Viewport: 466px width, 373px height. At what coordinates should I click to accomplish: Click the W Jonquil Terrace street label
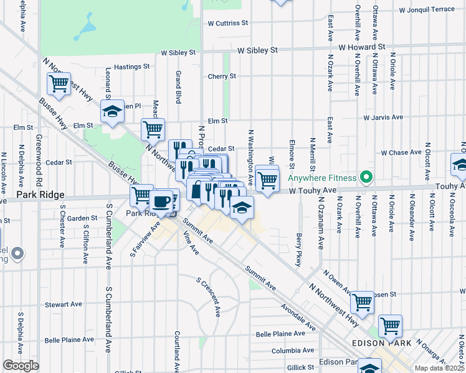427,10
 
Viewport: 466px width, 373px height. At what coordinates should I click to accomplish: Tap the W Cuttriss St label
228,23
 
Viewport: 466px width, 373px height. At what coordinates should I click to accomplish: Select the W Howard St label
363,47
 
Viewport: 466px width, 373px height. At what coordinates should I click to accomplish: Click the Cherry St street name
222,76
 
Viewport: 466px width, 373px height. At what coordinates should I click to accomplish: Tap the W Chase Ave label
402,152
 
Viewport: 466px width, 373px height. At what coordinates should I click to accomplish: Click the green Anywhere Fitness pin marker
366,178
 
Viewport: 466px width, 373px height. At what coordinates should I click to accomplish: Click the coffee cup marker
162,202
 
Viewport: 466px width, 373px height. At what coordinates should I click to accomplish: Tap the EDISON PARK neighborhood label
382,343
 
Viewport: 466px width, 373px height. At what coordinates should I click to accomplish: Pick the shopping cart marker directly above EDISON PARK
390,325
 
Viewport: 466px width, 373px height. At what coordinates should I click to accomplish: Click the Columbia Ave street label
292,351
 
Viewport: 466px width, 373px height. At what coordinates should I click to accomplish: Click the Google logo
21,365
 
